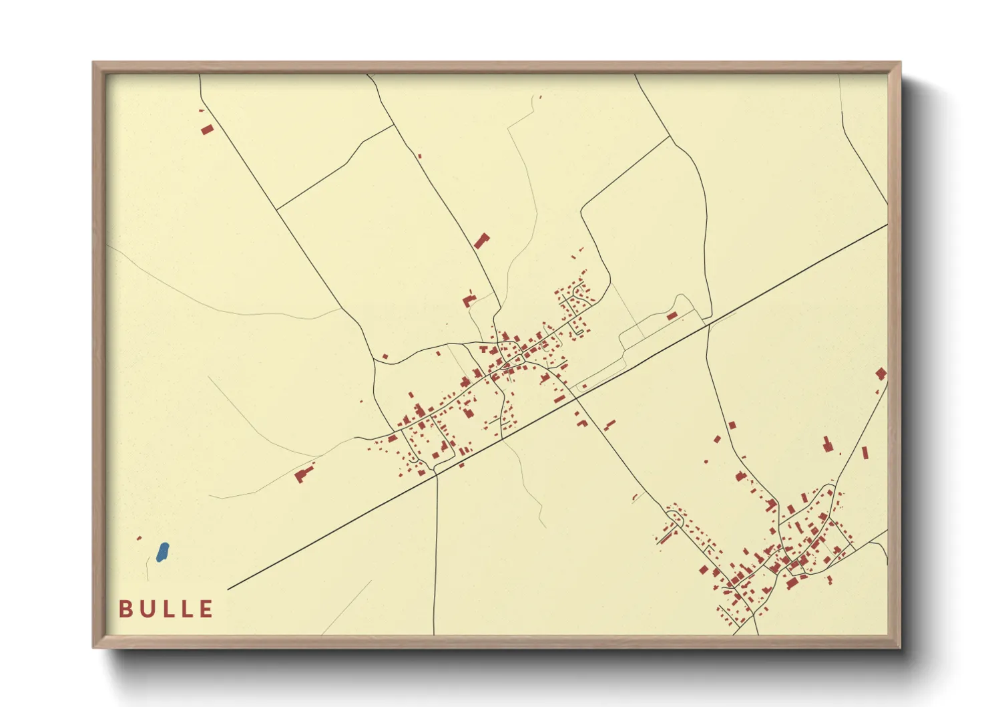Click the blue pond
[162, 553]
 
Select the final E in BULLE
[206, 609]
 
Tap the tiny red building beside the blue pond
[139, 538]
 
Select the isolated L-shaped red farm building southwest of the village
[304, 474]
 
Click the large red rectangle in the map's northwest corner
[208, 129]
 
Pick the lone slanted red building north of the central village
[482, 241]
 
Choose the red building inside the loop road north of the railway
[672, 315]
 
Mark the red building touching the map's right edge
[881, 374]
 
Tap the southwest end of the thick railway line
[229, 589]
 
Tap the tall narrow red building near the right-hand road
[865, 453]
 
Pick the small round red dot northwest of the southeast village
[706, 461]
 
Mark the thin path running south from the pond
[148, 569]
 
